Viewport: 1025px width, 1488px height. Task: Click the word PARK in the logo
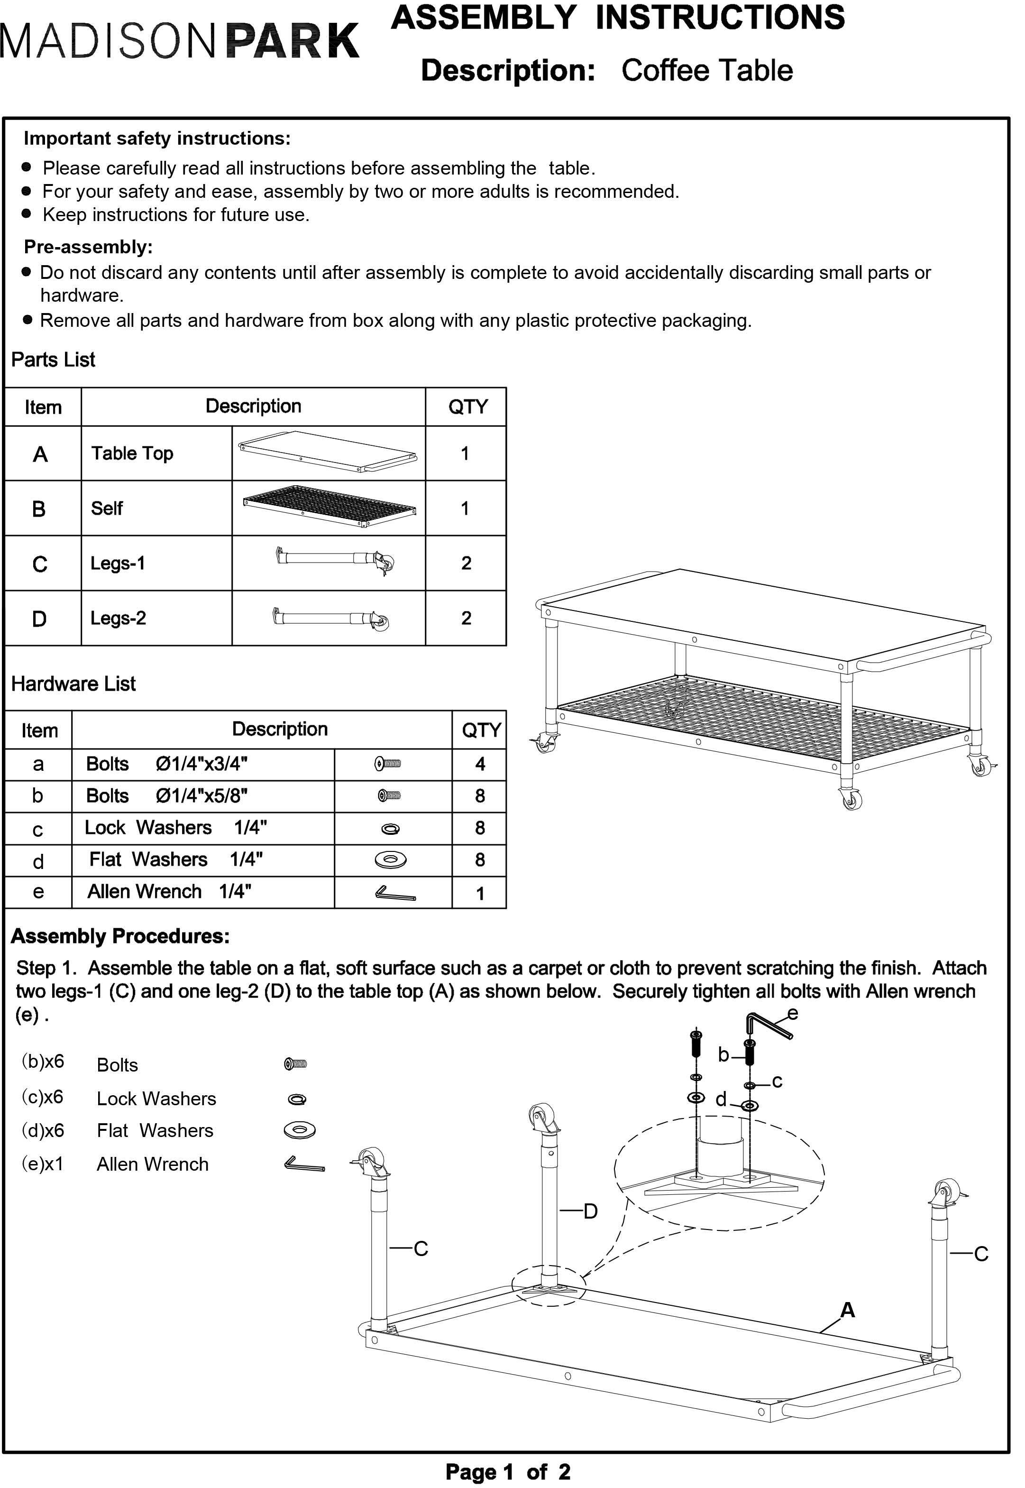pyautogui.click(x=293, y=41)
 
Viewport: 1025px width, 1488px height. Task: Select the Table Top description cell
pyautogui.click(x=132, y=453)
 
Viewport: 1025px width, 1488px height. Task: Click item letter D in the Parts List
pyautogui.click(x=39, y=619)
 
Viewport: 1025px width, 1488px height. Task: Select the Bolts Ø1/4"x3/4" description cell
pyautogui.click(x=167, y=764)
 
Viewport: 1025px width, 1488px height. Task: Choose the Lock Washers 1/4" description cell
pyautogui.click(x=175, y=828)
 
